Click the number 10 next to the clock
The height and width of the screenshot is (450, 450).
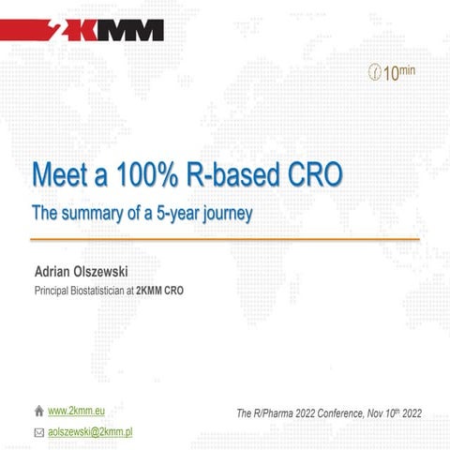coord(392,73)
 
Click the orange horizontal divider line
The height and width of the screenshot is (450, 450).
coord(225,240)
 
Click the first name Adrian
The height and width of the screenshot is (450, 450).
coord(53,273)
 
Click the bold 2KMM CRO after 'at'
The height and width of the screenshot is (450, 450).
coord(159,291)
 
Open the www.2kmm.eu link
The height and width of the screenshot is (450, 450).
coord(74,412)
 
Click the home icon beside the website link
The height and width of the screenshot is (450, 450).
coord(38,412)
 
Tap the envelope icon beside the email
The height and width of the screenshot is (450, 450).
coord(38,432)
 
